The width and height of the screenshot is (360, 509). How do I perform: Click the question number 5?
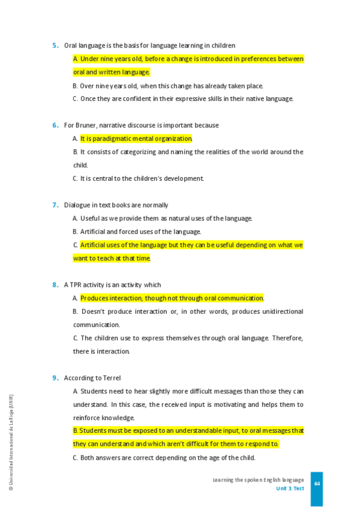click(x=55, y=46)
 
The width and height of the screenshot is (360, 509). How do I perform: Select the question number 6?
click(x=55, y=125)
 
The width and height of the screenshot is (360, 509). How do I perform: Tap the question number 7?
click(x=55, y=205)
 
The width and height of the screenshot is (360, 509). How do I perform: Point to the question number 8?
click(x=55, y=285)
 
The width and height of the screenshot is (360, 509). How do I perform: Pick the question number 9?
click(x=55, y=378)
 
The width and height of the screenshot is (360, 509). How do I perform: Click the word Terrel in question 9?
click(x=112, y=378)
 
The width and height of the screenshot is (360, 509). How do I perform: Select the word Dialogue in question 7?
click(x=77, y=205)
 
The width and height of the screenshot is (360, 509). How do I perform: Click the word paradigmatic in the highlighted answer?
click(x=114, y=139)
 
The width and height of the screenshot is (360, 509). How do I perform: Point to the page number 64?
click(x=317, y=484)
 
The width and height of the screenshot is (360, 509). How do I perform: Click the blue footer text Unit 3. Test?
click(x=290, y=489)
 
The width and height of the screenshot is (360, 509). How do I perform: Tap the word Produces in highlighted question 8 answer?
click(x=95, y=298)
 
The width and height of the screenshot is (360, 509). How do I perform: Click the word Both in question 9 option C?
click(x=88, y=458)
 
